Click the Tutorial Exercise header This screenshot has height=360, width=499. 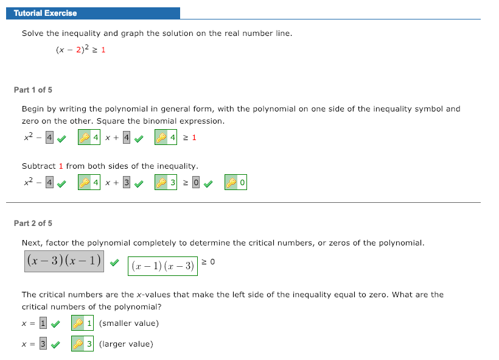46,13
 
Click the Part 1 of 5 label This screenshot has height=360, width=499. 33,90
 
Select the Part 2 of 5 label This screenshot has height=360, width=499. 33,224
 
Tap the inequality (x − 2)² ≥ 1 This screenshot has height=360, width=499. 80,50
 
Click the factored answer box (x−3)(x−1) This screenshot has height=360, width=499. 64,261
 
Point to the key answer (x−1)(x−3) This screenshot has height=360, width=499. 162,266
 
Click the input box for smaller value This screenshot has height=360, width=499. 43,323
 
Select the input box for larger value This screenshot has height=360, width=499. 43,344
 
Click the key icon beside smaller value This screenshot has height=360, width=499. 77,323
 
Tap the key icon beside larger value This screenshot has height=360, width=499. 77,345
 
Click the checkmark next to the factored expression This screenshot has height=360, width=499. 114,262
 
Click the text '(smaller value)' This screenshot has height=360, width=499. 128,323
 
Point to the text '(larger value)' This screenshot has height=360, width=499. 126,344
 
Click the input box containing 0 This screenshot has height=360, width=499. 196,182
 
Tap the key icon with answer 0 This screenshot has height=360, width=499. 231,182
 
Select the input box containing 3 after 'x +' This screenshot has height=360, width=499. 127,182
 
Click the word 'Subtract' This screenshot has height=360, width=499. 38,166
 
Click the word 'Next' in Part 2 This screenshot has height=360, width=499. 32,243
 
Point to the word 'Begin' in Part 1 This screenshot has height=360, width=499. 33,109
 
